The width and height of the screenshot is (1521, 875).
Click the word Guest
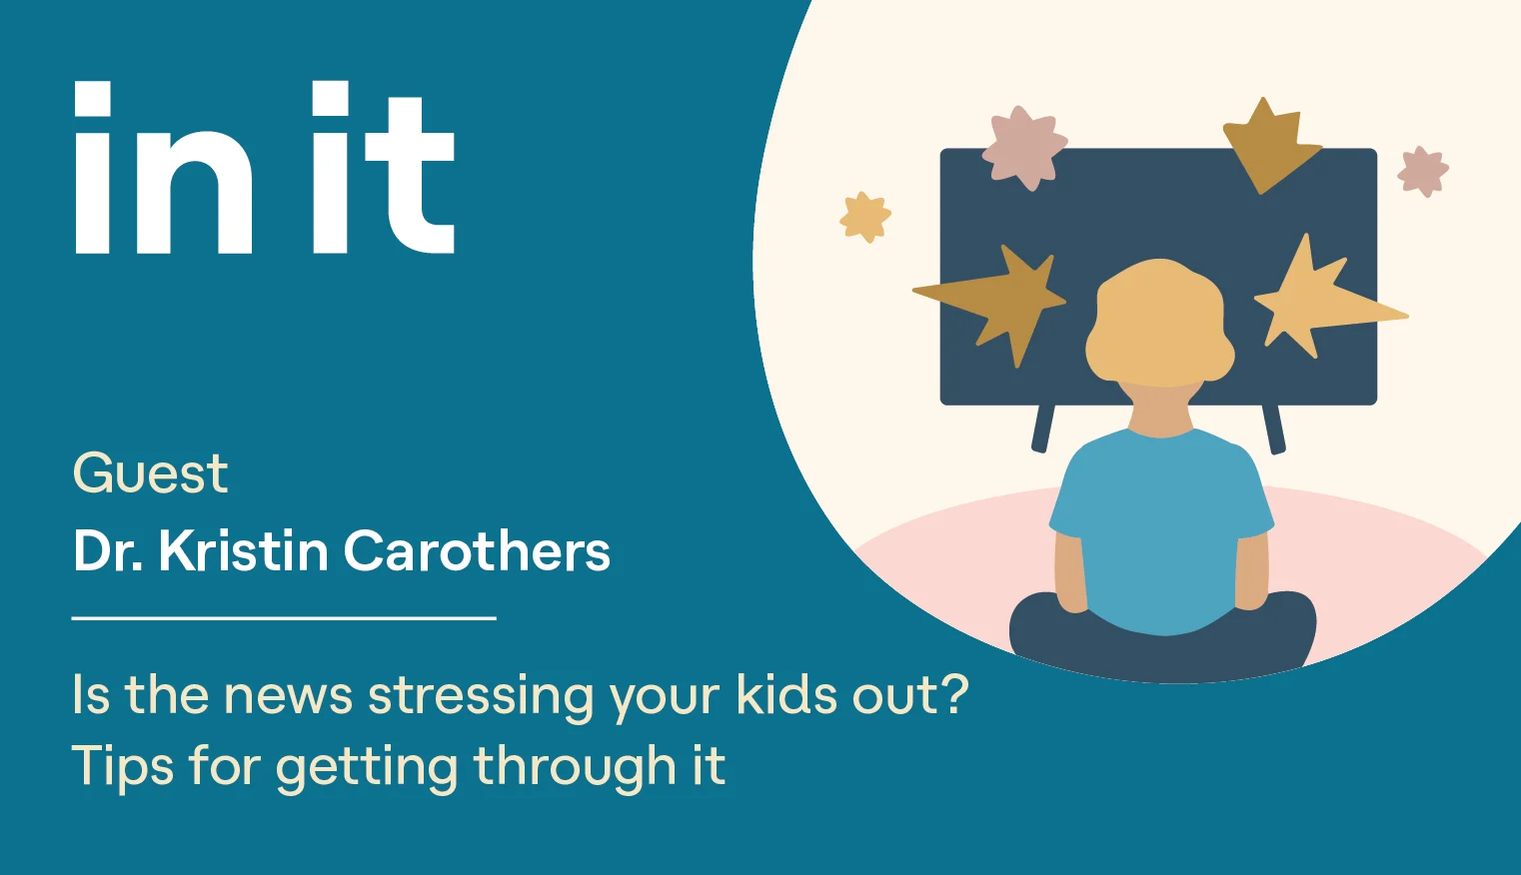tap(150, 472)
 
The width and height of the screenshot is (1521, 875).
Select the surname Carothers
tap(478, 550)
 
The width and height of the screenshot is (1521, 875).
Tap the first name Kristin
tap(244, 550)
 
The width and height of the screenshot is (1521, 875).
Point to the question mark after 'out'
tap(953, 693)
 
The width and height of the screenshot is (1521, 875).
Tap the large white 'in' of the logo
tap(163, 168)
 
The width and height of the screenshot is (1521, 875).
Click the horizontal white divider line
tap(284, 618)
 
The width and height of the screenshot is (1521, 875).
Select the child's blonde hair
tap(1160, 323)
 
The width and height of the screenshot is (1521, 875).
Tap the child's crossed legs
tap(1162, 637)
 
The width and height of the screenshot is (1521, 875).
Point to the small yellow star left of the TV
tap(865, 217)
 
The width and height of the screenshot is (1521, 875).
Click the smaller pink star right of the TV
tap(1423, 172)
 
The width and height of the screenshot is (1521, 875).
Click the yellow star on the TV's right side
tap(1324, 299)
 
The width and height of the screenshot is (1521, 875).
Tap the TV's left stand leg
tap(1042, 429)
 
